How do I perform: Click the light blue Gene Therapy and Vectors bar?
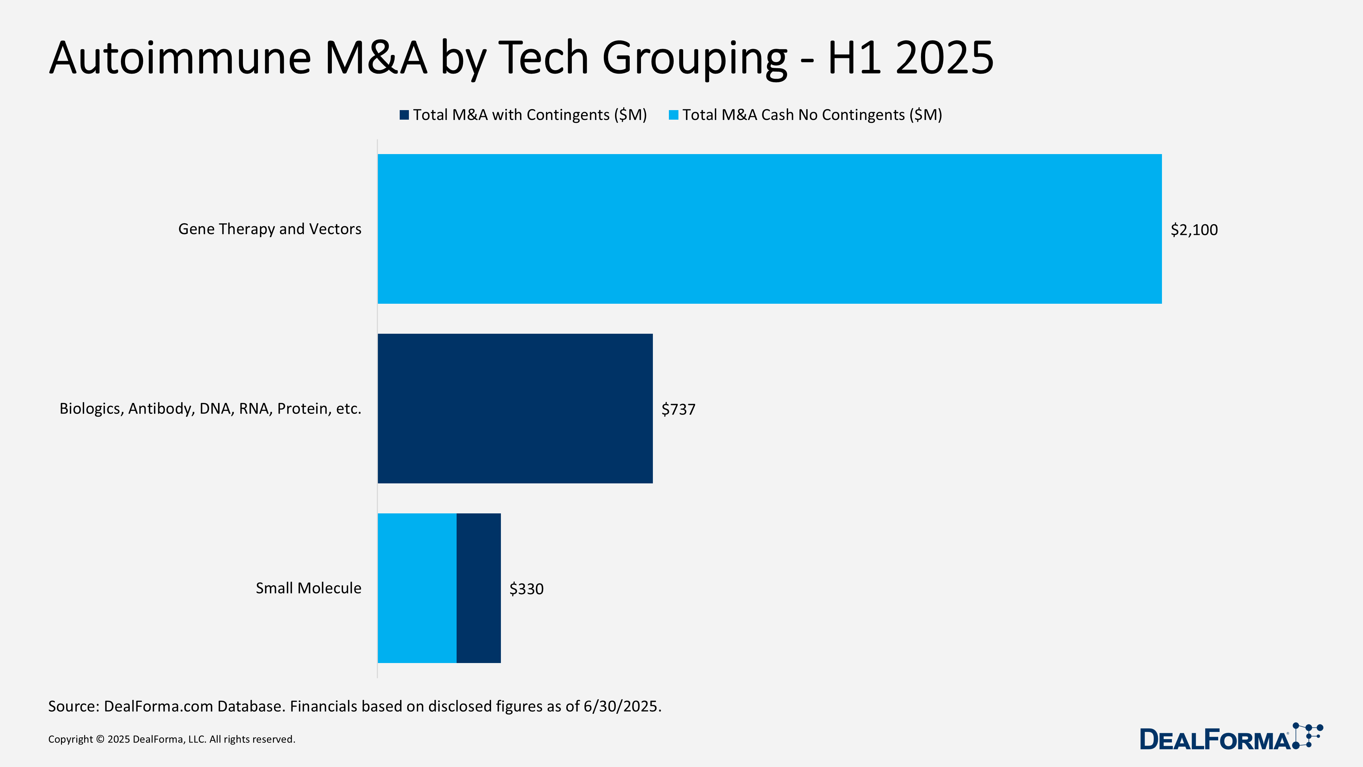coord(769,229)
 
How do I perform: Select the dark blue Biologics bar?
coord(515,408)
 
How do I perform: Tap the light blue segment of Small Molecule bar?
coord(417,588)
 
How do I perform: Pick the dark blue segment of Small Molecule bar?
coord(478,588)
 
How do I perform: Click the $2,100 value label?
coord(1194,230)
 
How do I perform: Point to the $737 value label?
coord(678,409)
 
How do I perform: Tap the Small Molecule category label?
coord(308,588)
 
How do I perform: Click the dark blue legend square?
coord(404,115)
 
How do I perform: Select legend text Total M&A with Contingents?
coord(530,115)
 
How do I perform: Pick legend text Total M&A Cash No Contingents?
coord(812,115)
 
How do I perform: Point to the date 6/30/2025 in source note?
coord(621,706)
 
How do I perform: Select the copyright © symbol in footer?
coord(100,739)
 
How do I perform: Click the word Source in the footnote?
coord(72,706)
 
